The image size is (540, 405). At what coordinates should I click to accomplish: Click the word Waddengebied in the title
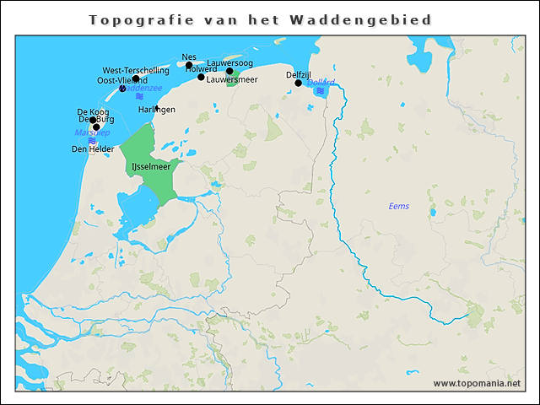[372, 19]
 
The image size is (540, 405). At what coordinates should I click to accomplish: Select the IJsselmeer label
[150, 168]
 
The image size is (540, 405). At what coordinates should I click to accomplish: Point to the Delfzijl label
[301, 75]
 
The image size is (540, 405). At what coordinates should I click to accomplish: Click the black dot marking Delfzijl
[298, 83]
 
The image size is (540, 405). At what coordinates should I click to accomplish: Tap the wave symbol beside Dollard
[320, 91]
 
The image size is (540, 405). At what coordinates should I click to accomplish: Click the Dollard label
[321, 83]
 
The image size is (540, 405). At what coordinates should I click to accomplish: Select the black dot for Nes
[189, 65]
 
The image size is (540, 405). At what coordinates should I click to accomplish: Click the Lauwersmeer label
[232, 79]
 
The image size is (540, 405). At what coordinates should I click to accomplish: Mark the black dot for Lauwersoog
[229, 71]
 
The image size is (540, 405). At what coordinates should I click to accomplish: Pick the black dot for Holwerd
[201, 77]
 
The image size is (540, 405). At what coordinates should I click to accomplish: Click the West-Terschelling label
[136, 71]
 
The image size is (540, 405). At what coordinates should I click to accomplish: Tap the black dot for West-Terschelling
[136, 78]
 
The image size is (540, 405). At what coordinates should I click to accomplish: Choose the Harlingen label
[157, 110]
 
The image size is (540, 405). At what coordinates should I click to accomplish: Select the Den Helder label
[92, 149]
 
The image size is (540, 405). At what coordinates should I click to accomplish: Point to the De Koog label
[93, 111]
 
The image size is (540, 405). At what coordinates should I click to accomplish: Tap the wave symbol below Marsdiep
[91, 141]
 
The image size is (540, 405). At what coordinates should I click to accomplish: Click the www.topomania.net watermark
[477, 383]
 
